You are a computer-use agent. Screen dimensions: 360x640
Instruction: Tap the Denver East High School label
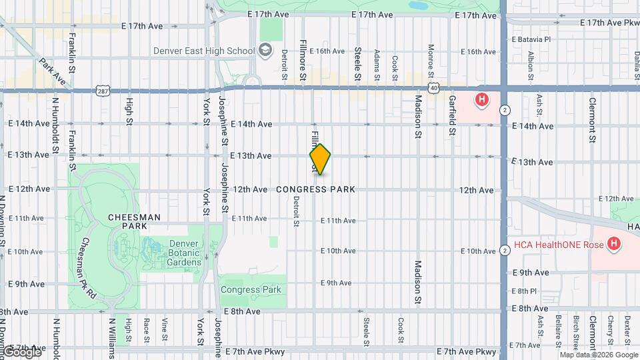click(204, 51)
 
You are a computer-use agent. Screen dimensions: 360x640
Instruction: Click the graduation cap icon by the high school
click(265, 50)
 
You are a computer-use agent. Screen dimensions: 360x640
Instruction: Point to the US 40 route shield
click(433, 87)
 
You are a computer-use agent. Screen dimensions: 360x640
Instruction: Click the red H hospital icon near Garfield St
click(481, 101)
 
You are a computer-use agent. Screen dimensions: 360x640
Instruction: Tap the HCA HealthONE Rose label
click(557, 245)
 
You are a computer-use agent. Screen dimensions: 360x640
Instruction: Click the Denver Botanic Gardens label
click(175, 253)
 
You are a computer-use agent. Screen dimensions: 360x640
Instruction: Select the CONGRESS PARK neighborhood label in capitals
click(315, 190)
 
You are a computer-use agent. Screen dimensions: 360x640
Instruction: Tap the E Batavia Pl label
click(531, 39)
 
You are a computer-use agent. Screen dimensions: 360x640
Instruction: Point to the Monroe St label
click(431, 60)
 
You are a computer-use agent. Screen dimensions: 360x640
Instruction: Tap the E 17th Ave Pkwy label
click(610, 23)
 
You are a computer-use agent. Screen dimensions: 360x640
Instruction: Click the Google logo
click(21, 351)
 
